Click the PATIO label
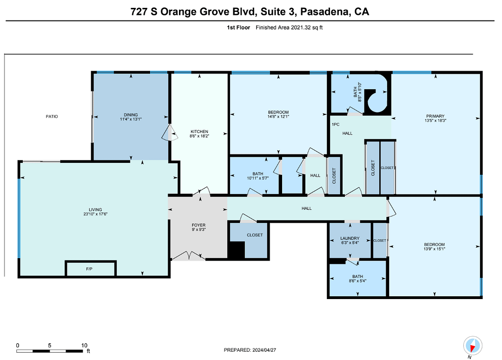pyautogui.click(x=52, y=117)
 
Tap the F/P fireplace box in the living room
pyautogui.click(x=90, y=268)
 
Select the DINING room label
pyautogui.click(x=131, y=115)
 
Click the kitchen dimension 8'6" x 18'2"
pyautogui.click(x=199, y=136)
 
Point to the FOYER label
pyautogui.click(x=198, y=225)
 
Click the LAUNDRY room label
pyautogui.click(x=350, y=238)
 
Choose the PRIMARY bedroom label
pyautogui.click(x=435, y=116)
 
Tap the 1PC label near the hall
pyautogui.click(x=336, y=124)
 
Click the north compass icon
pyautogui.click(x=473, y=346)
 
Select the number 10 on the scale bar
pyautogui.click(x=84, y=345)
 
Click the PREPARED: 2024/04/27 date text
pyautogui.click(x=250, y=350)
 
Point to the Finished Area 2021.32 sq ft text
pyautogui.click(x=289, y=27)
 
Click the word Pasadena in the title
pyautogui.click(x=324, y=12)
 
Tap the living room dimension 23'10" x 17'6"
pyautogui.click(x=95, y=214)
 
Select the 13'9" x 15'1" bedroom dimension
pyautogui.click(x=435, y=249)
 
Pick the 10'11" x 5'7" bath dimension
pyautogui.click(x=258, y=178)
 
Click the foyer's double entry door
pyautogui.click(x=189, y=256)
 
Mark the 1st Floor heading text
pyautogui.click(x=238, y=27)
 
